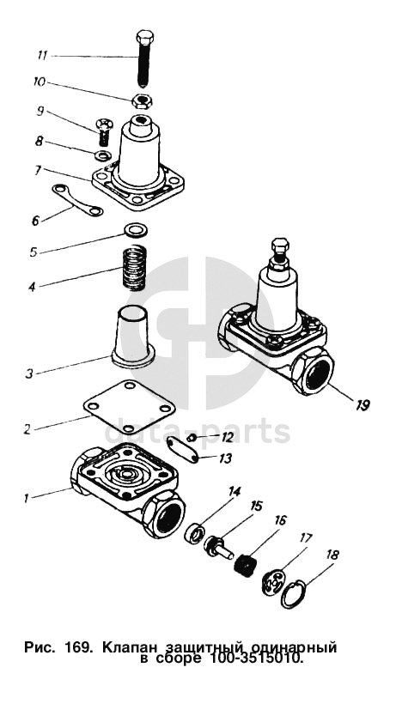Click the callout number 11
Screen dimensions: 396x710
click(42, 56)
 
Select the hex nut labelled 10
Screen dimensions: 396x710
click(142, 100)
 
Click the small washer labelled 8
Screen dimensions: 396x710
click(104, 155)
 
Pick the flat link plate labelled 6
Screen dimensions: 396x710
click(77, 200)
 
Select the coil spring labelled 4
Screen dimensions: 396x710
click(135, 267)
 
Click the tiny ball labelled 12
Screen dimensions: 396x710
click(192, 437)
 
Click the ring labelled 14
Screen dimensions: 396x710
click(194, 532)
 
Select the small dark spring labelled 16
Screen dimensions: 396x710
click(246, 564)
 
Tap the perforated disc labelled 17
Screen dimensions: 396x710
click(273, 581)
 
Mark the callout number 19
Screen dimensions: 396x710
click(362, 404)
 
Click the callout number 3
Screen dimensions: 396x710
click(29, 374)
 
